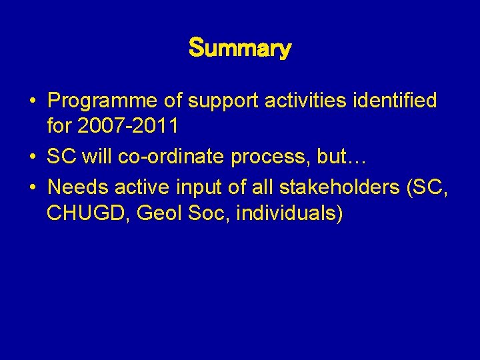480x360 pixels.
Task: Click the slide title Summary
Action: click(240, 49)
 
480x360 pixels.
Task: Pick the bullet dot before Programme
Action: click(32, 102)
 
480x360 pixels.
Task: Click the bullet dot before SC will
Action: click(32, 158)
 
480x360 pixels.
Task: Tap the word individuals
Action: click(293, 214)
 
